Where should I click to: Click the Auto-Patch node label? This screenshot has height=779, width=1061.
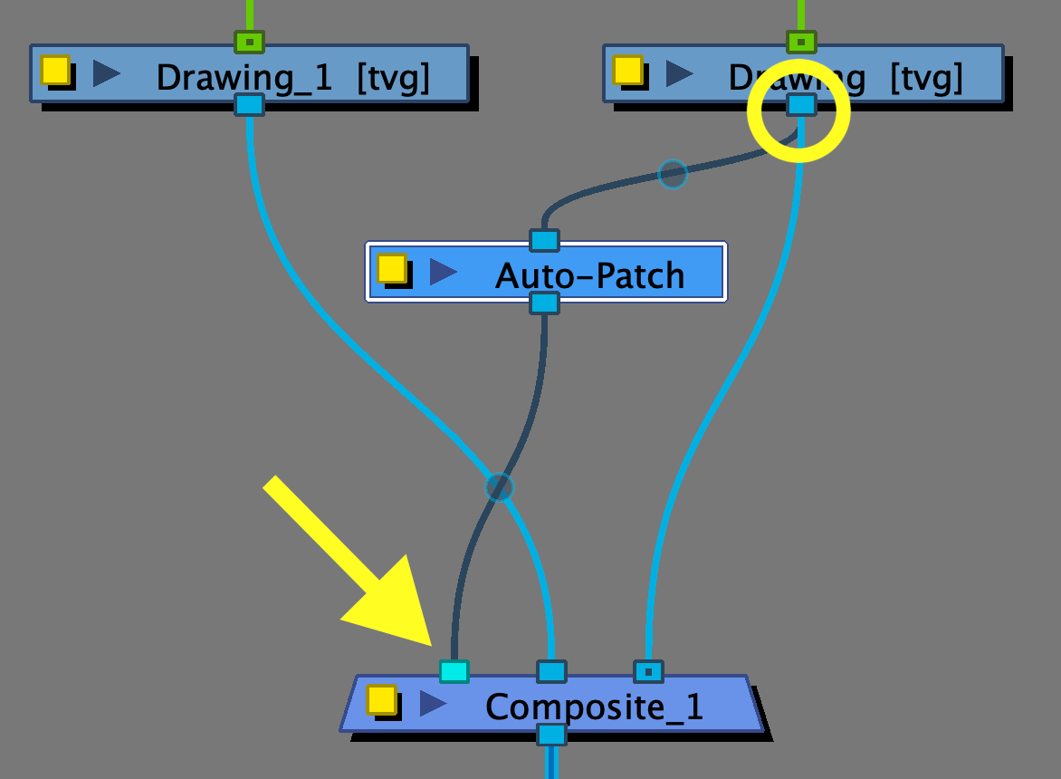(x=589, y=274)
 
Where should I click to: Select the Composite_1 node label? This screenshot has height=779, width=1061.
(x=594, y=706)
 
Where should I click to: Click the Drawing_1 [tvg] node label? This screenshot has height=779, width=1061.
(x=292, y=78)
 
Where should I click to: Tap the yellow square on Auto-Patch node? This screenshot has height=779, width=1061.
(x=391, y=268)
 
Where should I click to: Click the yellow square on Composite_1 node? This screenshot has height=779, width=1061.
(x=381, y=699)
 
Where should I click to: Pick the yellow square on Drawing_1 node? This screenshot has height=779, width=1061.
(x=54, y=70)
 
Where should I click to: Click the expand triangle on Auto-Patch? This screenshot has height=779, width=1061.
(x=443, y=271)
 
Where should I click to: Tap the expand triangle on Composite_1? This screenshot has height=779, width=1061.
(x=433, y=703)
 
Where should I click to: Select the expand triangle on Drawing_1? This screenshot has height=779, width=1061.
(x=106, y=73)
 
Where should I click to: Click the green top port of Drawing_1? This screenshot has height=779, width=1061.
(x=249, y=42)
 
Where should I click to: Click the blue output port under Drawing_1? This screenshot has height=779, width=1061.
(x=249, y=104)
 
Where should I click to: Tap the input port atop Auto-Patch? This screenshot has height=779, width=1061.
(x=544, y=240)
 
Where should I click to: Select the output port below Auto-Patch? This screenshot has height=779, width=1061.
(x=544, y=303)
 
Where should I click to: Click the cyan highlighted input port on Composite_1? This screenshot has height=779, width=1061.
(x=454, y=671)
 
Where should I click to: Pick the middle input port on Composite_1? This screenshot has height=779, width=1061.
(x=551, y=671)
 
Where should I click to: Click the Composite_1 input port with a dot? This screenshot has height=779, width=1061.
(x=648, y=671)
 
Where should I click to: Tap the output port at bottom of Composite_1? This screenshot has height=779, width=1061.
(x=551, y=734)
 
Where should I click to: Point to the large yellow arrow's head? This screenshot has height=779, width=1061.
(x=425, y=639)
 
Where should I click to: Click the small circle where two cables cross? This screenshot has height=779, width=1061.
(x=499, y=487)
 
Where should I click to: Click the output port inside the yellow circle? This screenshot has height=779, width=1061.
(x=801, y=105)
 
